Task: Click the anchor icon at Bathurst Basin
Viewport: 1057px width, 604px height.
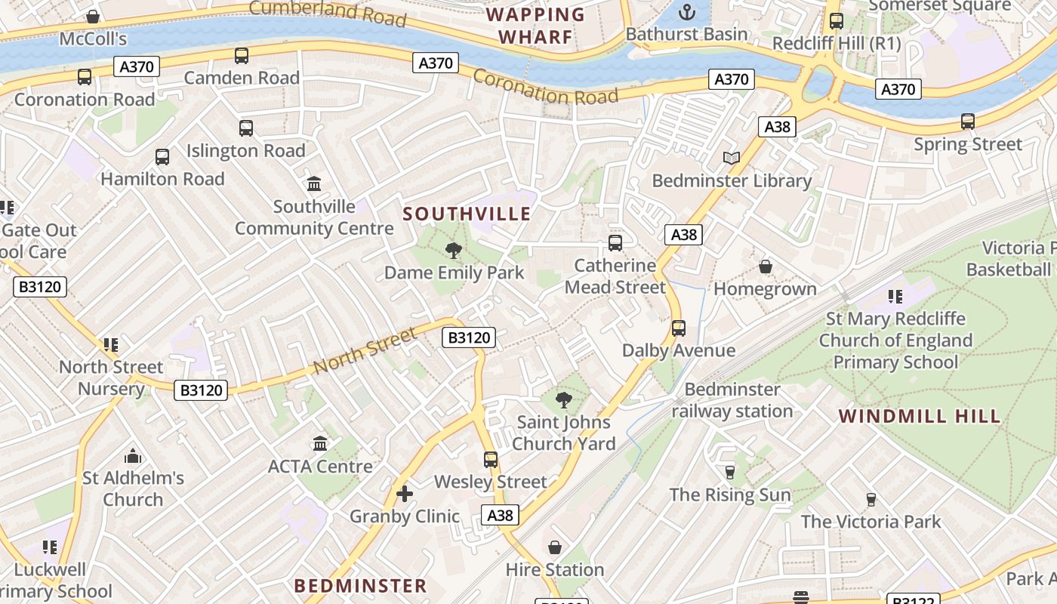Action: [687, 12]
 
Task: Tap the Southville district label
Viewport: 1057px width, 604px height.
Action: [467, 214]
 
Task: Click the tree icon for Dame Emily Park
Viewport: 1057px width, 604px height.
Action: [454, 250]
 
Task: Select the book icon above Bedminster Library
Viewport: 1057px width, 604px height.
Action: [731, 158]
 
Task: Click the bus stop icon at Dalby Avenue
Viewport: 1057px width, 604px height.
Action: [678, 328]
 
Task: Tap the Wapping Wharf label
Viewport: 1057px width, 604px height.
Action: [535, 26]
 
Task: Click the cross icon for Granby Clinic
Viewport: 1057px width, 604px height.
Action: [405, 494]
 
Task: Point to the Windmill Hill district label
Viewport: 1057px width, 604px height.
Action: [920, 416]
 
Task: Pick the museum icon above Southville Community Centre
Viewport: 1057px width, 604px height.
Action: [314, 183]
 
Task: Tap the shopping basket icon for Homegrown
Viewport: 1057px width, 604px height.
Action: [765, 267]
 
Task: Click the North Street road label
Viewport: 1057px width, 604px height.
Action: [365, 350]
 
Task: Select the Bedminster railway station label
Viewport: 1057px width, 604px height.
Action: [732, 400]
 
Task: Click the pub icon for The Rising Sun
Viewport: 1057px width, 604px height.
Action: [730, 473]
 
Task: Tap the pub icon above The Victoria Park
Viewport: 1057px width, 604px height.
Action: [871, 499]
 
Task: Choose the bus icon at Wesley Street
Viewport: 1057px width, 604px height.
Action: [491, 459]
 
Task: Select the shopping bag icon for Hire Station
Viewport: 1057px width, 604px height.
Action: [555, 547]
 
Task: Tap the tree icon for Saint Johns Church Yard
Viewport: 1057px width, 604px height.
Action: [563, 399]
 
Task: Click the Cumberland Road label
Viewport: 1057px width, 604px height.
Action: [327, 12]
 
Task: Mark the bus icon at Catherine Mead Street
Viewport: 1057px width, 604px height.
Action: [615, 243]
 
